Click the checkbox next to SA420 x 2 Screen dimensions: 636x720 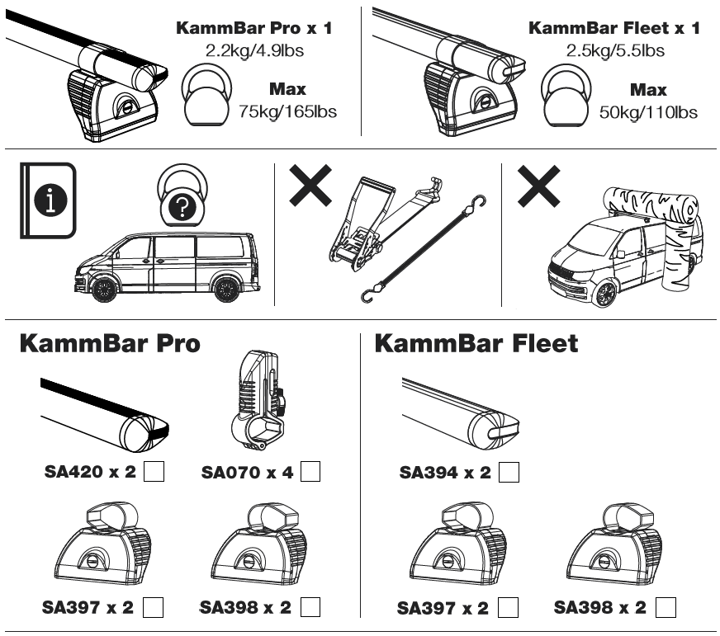tap(154, 472)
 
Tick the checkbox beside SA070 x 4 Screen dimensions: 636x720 tap(310, 472)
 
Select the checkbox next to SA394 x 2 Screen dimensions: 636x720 tap(509, 473)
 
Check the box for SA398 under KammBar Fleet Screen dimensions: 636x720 tap(666, 607)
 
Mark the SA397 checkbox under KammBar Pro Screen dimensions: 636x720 tap(153, 607)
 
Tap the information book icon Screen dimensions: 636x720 tap(48, 200)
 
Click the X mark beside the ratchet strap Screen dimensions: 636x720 tap(310, 185)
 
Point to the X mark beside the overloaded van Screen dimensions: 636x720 tap(538, 185)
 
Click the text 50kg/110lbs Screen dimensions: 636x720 tap(647, 111)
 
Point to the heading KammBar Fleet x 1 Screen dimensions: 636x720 tap(613, 28)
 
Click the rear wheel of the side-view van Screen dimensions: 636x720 tap(225, 289)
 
